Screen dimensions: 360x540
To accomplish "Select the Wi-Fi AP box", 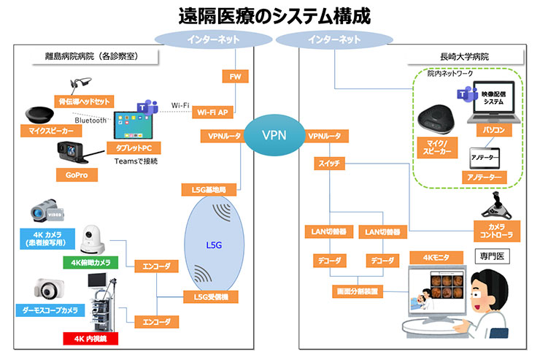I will tap(213, 112).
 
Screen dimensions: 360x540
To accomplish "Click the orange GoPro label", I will tap(77, 175).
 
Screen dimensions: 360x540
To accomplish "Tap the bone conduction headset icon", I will tap(79, 85).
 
